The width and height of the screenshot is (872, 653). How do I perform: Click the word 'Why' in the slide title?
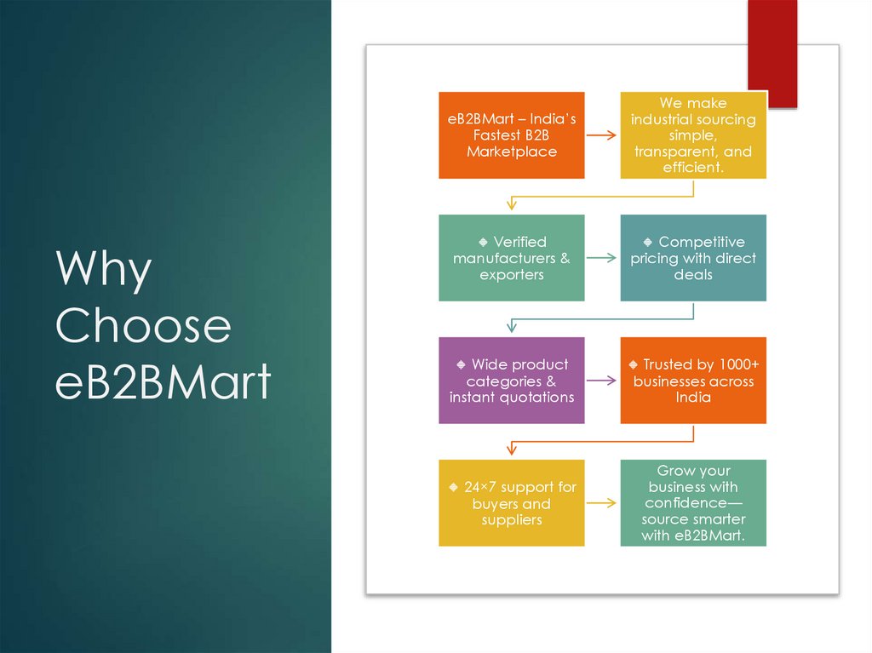coord(104,271)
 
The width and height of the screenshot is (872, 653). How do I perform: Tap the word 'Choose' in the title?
coord(143,326)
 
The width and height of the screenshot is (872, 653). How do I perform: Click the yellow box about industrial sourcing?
coord(693,135)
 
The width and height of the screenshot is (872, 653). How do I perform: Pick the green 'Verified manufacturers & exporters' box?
coord(512,258)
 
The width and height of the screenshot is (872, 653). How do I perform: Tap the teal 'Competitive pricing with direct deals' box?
coord(693,258)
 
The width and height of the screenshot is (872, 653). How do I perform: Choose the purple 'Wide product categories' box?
coord(512,381)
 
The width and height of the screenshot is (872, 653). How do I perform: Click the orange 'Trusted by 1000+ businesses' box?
coord(693,381)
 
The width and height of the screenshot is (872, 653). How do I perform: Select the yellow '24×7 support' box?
coord(512,503)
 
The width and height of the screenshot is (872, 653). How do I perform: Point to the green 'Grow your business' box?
coord(693,503)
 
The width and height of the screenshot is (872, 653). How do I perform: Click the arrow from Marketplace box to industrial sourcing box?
coord(602,135)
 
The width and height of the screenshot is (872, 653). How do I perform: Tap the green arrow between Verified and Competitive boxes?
coord(602,258)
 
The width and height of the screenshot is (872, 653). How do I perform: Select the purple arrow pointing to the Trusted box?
coord(602,381)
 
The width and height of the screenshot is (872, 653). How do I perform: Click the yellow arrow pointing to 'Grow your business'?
coord(602,503)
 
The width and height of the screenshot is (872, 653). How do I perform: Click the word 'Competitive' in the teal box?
coord(702,242)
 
